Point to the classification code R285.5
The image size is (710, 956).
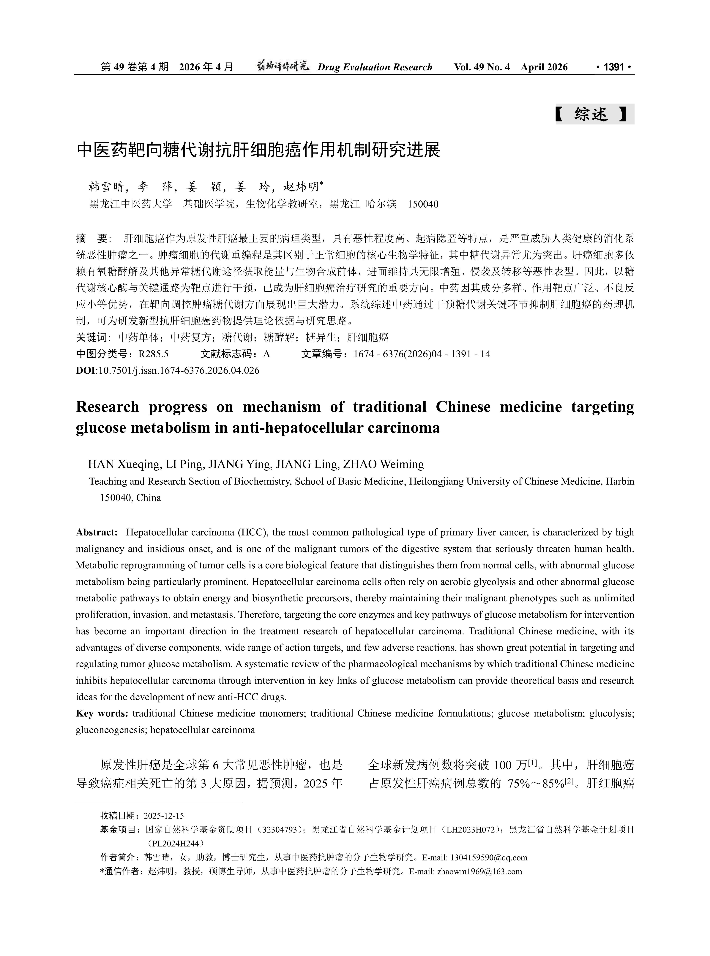tap(153, 354)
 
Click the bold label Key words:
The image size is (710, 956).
tap(102, 713)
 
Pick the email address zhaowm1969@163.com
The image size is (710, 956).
tap(479, 871)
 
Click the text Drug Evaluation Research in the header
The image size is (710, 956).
tap(375, 67)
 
